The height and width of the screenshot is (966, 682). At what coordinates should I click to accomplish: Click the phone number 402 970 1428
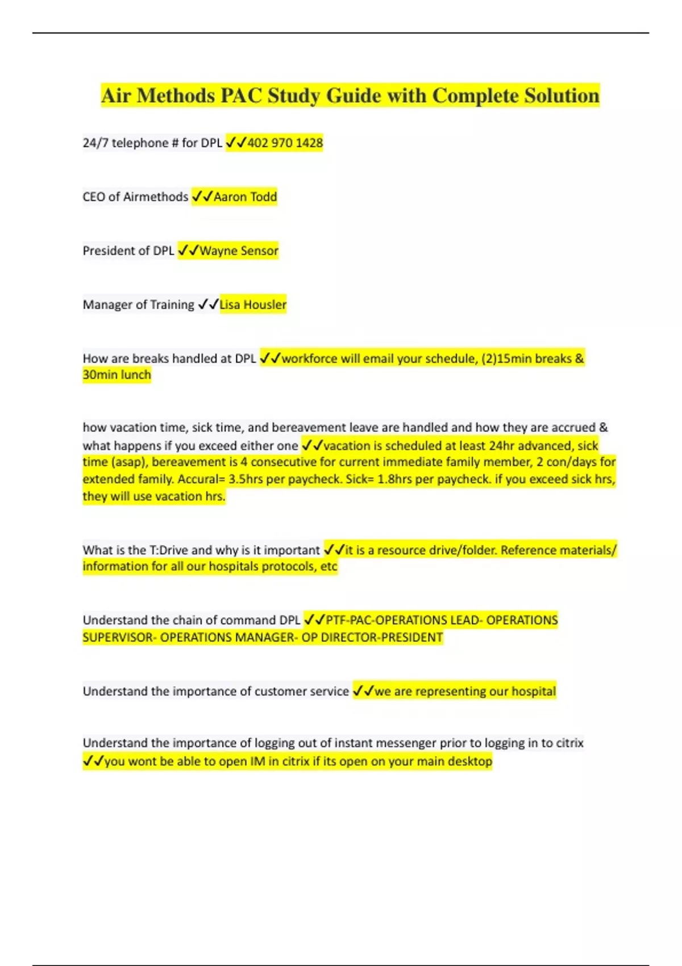[x=285, y=143]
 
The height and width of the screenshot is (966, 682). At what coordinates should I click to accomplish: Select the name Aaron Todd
[x=245, y=197]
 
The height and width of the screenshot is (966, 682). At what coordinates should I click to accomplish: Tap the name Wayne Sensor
[x=239, y=251]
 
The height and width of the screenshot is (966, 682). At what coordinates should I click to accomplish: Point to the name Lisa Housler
[x=253, y=305]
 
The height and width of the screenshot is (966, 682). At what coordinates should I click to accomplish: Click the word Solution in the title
[x=562, y=95]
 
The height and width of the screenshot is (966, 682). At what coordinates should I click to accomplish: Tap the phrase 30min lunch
[x=117, y=374]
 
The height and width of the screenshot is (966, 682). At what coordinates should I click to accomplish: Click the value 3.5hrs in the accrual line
[x=246, y=479]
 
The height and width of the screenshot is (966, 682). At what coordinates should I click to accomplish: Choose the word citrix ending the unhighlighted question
[x=569, y=743]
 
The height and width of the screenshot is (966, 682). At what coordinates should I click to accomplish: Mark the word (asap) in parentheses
[x=130, y=462]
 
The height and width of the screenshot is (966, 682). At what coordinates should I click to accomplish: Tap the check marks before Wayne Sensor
[x=188, y=251]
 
